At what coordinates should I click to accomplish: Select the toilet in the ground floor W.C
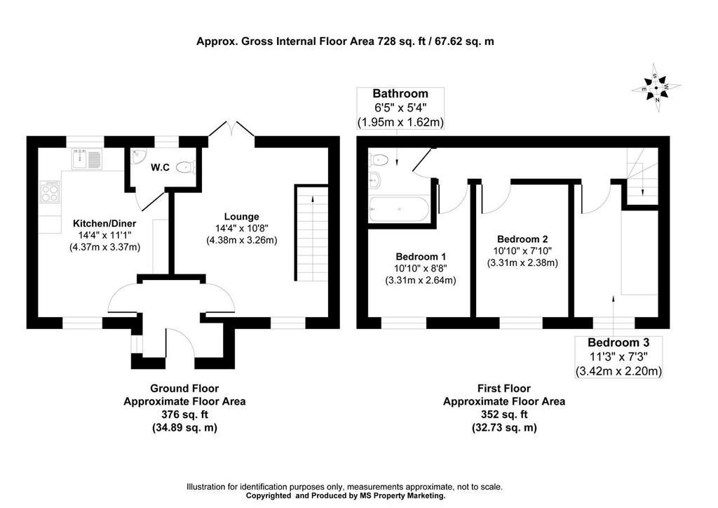(186, 167)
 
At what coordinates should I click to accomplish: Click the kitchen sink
(88, 159)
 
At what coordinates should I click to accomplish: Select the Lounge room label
(241, 216)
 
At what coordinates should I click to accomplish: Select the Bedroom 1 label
(420, 256)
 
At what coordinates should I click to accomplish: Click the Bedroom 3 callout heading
(618, 343)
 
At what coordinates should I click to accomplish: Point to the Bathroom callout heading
(400, 93)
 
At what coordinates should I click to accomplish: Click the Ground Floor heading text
(184, 388)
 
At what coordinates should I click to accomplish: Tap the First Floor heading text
(503, 388)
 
